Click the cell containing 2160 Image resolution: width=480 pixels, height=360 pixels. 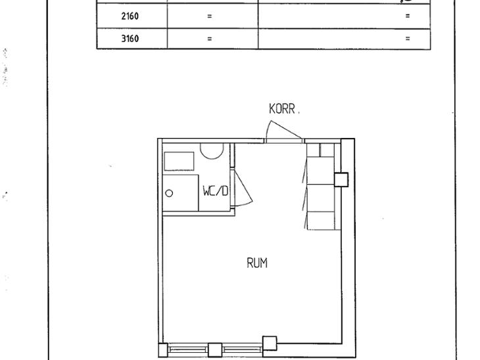pyautogui.click(x=132, y=16)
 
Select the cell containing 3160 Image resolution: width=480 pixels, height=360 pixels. pyautogui.click(x=132, y=39)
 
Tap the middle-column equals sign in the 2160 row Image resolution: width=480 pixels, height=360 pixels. pyautogui.click(x=209, y=16)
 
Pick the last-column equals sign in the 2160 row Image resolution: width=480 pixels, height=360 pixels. pyautogui.click(x=408, y=16)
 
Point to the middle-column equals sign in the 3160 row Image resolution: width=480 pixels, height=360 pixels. pyautogui.click(x=209, y=39)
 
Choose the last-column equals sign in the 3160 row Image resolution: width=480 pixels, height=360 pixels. pyautogui.click(x=408, y=39)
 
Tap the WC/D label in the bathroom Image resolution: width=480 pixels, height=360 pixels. pyautogui.click(x=216, y=191)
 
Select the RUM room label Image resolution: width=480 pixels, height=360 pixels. pyautogui.click(x=257, y=263)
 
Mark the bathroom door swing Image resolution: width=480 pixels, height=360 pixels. pyautogui.click(x=242, y=187)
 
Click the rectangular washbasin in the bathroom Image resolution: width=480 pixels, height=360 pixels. pyautogui.click(x=179, y=161)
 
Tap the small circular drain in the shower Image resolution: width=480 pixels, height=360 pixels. pyautogui.click(x=169, y=193)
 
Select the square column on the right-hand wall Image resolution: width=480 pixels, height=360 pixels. pyautogui.click(x=341, y=179)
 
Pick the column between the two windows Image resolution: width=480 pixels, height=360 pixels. pyautogui.click(x=215, y=350)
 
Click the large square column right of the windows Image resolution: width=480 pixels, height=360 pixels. pyautogui.click(x=270, y=343)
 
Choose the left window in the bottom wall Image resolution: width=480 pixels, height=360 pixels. pyautogui.click(x=188, y=349)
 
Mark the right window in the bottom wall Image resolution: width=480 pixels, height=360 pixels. pyautogui.click(x=242, y=349)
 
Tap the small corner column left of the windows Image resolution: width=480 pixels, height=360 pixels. pyautogui.click(x=163, y=350)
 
